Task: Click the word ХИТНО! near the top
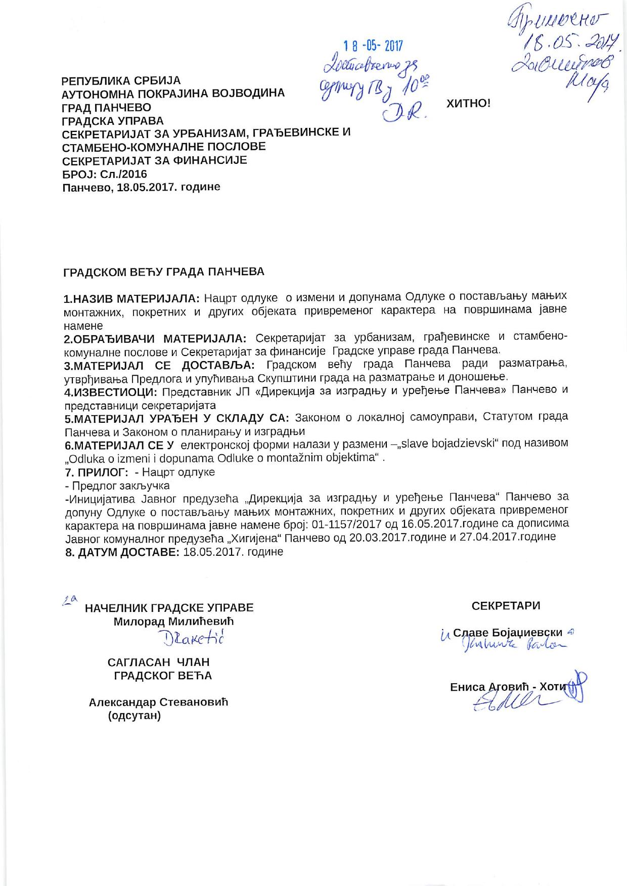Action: click(x=468, y=104)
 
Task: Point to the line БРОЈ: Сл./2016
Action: click(x=105, y=174)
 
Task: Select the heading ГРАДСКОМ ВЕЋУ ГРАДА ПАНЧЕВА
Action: click(x=164, y=272)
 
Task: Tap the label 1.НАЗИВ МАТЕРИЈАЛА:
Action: click(x=132, y=297)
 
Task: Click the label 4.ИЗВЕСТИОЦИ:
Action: click(x=111, y=391)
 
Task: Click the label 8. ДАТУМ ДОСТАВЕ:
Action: click(x=122, y=552)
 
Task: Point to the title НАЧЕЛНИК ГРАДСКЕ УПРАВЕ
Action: click(x=169, y=608)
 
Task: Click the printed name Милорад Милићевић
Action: click(x=173, y=622)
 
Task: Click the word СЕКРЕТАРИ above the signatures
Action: click(x=506, y=606)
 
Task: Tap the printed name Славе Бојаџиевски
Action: click(x=508, y=633)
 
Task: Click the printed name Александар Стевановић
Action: click(x=159, y=702)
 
